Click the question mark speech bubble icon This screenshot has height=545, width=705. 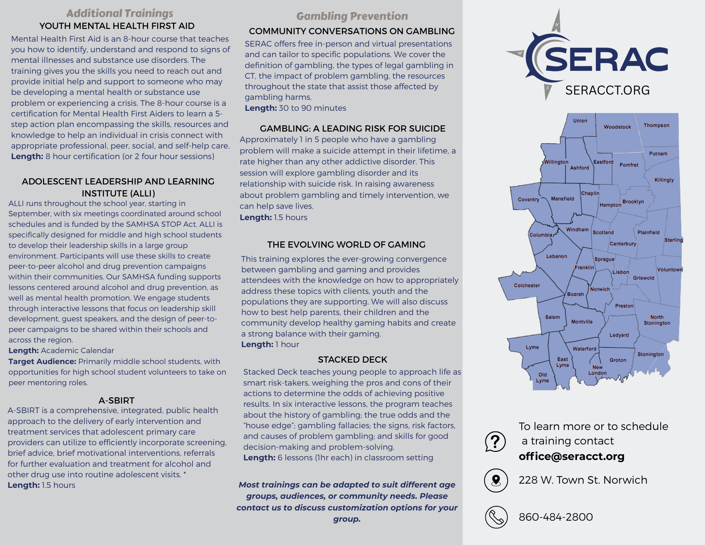coord(495,441)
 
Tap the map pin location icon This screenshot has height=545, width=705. coord(496,480)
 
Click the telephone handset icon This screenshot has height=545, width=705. coord(496,517)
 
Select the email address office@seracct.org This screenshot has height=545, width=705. coord(571,456)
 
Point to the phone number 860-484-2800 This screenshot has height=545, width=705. coord(556,517)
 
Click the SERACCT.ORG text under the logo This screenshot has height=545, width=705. coord(607,90)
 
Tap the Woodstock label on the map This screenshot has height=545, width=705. coord(617,127)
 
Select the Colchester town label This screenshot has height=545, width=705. coord(527,285)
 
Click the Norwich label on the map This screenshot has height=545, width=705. coord(600,289)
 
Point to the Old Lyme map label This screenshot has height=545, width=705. coord(542,377)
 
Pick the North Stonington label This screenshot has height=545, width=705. coord(657,320)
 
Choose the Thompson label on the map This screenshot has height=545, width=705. coord(656,125)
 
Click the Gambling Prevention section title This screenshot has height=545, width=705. coord(352,16)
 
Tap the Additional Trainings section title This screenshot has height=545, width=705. coord(120,13)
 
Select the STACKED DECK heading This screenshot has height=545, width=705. coord(352,359)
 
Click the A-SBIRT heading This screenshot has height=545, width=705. coord(116,400)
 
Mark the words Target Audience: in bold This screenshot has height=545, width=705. coord(42,361)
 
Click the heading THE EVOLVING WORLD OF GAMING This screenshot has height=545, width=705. coord(346,244)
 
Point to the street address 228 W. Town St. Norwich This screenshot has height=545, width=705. coord(583,480)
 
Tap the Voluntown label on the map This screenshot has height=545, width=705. coord(670,270)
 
